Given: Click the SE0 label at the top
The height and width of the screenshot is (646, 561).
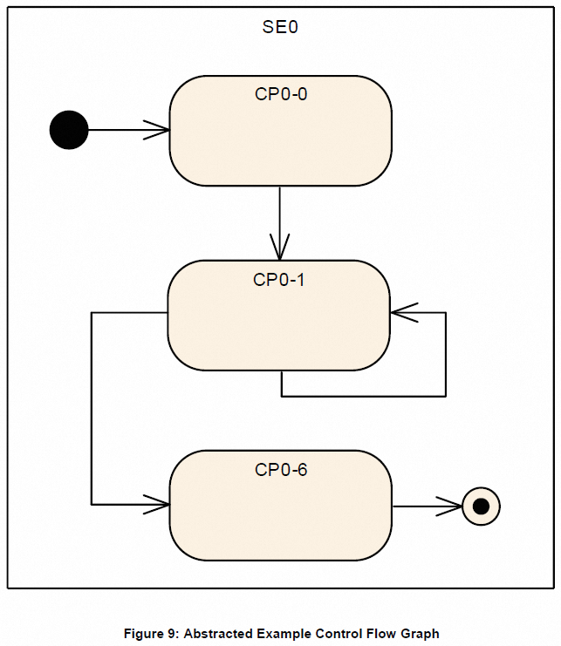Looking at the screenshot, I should (280, 27).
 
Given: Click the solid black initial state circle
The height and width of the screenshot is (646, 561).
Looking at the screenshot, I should (69, 130).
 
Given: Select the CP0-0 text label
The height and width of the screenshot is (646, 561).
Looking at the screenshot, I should (280, 94).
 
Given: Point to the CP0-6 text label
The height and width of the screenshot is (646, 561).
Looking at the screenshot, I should (280, 470).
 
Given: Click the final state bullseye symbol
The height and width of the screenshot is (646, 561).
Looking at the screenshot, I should (480, 505).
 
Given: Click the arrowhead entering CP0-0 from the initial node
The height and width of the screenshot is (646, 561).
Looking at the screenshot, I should (159, 130).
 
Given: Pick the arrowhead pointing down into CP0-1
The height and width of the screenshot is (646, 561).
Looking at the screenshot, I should (280, 249).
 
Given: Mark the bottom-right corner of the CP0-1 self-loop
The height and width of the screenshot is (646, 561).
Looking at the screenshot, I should (446, 397).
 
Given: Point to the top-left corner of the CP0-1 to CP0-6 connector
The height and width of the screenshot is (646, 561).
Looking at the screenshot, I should (92, 312).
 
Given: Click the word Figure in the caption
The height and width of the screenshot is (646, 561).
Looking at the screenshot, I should (145, 634).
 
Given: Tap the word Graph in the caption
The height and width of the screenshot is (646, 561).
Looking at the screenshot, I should (421, 634).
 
